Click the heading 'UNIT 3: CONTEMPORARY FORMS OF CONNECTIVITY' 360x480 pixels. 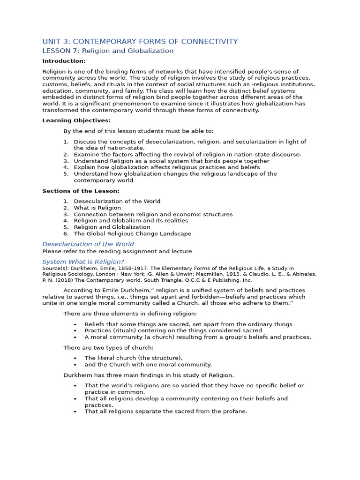(140, 41)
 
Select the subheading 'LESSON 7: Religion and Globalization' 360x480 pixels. (108, 51)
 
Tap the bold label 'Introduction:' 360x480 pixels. (64, 61)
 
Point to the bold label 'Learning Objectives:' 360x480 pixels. (76, 120)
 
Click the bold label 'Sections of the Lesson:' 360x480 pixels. (81, 191)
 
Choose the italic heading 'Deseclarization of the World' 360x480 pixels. (88, 244)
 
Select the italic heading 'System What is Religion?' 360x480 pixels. (83, 262)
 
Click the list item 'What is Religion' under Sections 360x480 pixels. (97, 208)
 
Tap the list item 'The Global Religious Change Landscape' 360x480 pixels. (133, 233)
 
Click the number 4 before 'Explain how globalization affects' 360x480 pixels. (66, 167)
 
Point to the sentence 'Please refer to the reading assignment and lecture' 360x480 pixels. (117, 251)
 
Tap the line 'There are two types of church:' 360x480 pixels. (108, 347)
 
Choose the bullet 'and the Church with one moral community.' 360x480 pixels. (148, 364)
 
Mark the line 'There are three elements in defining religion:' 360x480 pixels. (130, 313)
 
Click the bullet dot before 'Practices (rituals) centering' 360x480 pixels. (75, 330)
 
